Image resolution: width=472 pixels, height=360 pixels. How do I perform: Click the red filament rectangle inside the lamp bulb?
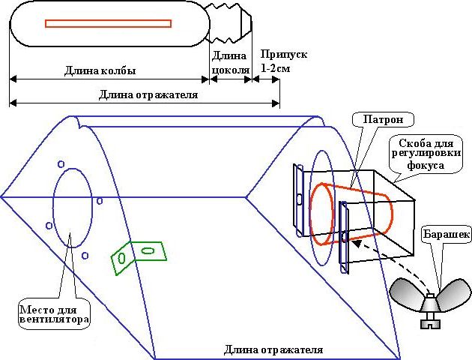[109, 23]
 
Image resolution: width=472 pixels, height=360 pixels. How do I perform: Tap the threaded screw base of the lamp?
[230, 22]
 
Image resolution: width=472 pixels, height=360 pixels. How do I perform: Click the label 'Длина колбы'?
[100, 70]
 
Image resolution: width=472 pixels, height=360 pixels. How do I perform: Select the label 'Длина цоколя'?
[231, 63]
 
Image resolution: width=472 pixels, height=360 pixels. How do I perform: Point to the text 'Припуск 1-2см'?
[283, 61]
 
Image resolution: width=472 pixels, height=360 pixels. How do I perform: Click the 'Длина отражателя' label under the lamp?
[148, 94]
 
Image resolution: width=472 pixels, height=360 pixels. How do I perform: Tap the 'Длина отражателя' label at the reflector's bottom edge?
[273, 349]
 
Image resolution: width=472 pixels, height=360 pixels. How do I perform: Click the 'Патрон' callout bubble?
[383, 119]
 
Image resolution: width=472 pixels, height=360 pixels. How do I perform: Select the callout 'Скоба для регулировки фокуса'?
[426, 154]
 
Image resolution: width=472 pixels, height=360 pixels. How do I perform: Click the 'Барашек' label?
[447, 234]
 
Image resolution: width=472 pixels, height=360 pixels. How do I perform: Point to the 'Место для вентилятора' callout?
[55, 314]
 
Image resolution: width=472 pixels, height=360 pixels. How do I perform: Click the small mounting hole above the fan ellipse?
[61, 164]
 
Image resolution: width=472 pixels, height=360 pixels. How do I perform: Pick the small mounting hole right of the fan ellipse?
[100, 201]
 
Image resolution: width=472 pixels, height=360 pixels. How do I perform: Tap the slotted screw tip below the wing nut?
[431, 321]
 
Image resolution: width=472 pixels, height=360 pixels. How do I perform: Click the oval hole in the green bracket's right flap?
[148, 250]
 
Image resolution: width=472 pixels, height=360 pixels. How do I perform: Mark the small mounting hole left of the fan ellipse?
[49, 226]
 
